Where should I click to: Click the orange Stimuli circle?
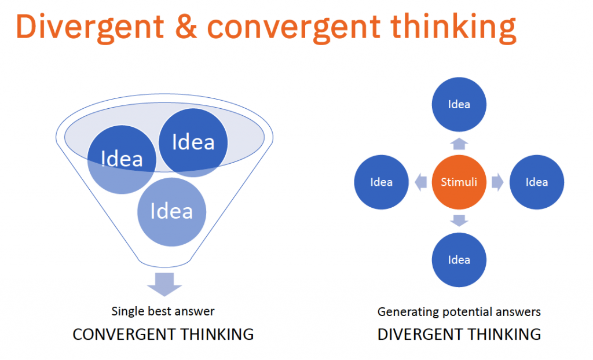tap(459, 182)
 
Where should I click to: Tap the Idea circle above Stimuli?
tap(459, 104)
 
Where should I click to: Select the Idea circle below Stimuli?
tap(459, 260)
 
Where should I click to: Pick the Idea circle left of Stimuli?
tap(381, 182)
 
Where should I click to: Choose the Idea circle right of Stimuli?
tap(537, 182)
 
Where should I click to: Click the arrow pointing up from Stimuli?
tap(459, 144)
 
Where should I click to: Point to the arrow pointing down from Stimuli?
tap(459, 221)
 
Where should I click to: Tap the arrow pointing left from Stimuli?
tap(420, 182)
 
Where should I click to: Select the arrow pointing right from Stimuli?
tap(497, 182)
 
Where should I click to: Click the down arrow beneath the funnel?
tap(164, 284)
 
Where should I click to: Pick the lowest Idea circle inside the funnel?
tap(171, 212)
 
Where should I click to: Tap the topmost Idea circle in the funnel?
tap(193, 142)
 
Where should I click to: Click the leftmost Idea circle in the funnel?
tap(122, 160)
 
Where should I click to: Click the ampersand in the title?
tap(186, 27)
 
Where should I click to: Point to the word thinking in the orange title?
tap(453, 28)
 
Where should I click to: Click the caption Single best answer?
tap(163, 311)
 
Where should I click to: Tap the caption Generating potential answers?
tap(459, 312)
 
